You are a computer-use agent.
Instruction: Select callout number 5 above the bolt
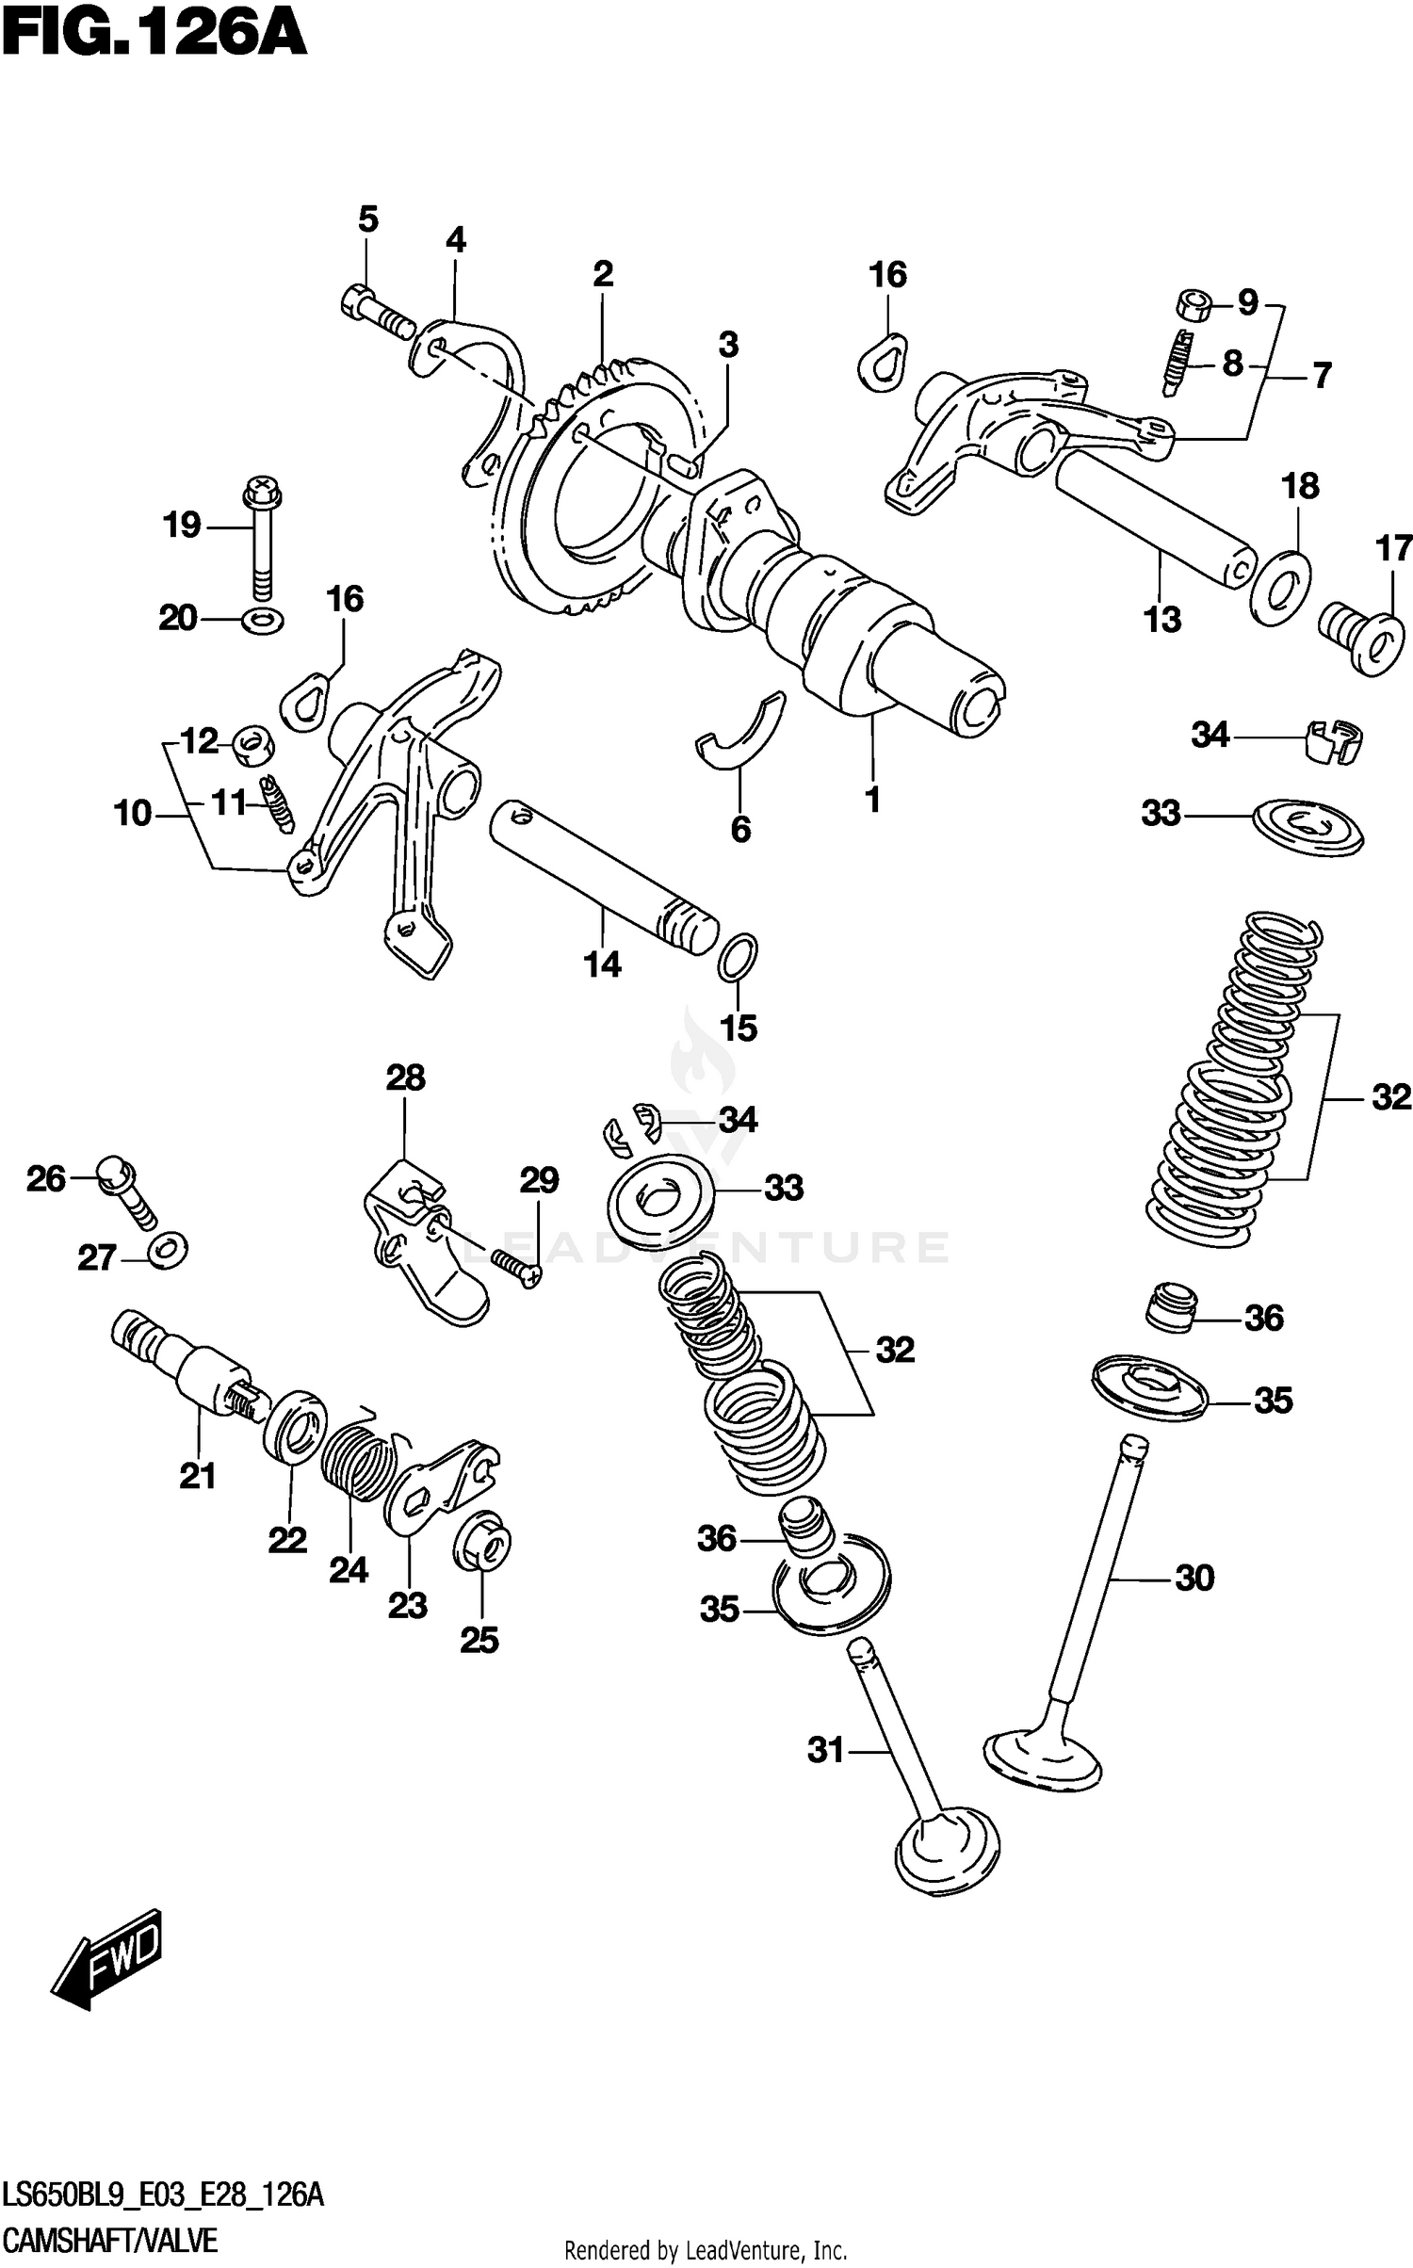367,219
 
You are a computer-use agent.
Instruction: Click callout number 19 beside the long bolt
182,525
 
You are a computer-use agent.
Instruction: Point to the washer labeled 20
263,621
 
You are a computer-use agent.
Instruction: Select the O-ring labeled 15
738,958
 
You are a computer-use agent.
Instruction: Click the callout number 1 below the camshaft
872,801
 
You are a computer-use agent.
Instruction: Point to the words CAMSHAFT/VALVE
111,2241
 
